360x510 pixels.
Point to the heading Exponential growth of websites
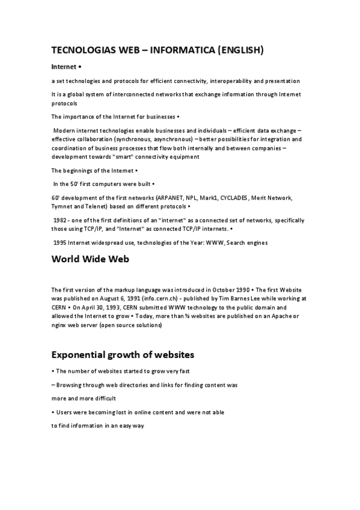122,354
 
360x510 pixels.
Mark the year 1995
60,242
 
